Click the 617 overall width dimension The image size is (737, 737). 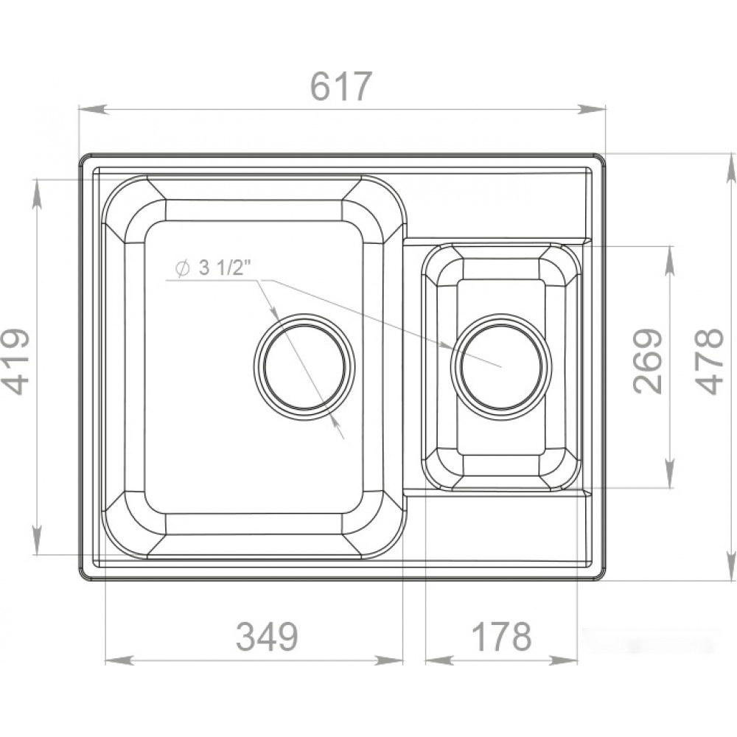click(x=341, y=86)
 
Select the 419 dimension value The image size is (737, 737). click(x=15, y=361)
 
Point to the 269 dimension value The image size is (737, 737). click(x=647, y=360)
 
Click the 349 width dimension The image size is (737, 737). click(x=267, y=636)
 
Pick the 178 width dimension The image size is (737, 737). click(x=501, y=636)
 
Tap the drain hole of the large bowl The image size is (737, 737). click(x=304, y=366)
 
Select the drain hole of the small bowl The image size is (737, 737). click(x=501, y=366)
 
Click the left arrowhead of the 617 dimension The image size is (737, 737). click(x=92, y=110)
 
